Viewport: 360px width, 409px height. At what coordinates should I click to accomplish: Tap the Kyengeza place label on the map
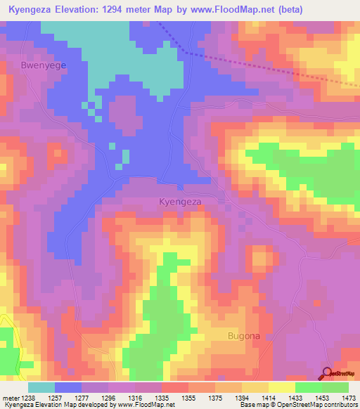[181, 202]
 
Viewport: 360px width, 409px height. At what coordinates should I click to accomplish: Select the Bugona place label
[244, 336]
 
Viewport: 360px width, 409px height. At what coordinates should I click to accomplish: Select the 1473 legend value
[346, 397]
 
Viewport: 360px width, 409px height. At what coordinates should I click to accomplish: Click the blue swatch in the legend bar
[67, 387]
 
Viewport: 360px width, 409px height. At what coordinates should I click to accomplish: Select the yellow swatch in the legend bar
[281, 387]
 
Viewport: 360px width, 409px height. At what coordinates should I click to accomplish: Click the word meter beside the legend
[11, 397]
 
